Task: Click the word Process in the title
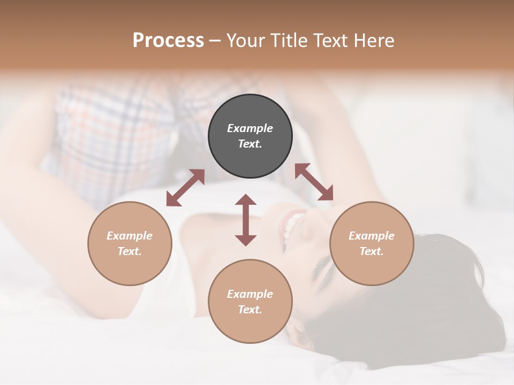click(168, 41)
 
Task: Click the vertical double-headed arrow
click(246, 220)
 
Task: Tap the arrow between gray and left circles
click(185, 188)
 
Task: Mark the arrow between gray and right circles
click(314, 182)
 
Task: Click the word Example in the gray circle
click(250, 128)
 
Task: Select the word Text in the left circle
click(129, 251)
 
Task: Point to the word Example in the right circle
click(372, 236)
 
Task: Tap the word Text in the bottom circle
click(250, 310)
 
